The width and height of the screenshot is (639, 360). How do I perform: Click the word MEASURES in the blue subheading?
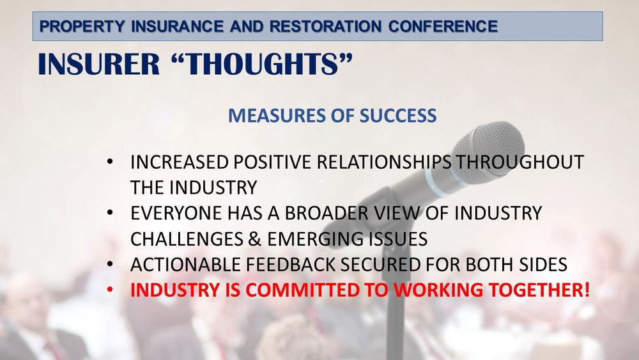tap(268, 116)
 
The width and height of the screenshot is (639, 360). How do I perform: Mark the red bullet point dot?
tap(111, 290)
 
